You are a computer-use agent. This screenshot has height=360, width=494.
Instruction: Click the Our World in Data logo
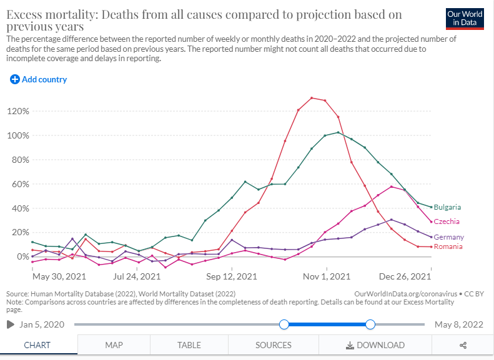point(465,19)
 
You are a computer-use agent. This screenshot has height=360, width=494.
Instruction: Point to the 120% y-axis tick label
point(18,111)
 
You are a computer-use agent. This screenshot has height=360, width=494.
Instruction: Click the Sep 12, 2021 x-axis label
point(232,276)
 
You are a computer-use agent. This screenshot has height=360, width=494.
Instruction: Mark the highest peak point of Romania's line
point(312,97)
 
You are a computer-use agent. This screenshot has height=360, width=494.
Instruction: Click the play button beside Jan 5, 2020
point(10,324)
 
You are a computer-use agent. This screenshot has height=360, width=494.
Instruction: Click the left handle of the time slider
point(284,324)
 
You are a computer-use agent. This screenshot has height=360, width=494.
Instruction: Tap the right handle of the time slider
point(370,324)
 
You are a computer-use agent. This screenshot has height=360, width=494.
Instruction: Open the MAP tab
point(114,345)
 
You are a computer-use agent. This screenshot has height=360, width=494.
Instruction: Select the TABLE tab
point(189,345)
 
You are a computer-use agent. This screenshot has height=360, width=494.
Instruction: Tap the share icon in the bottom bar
point(463,345)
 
